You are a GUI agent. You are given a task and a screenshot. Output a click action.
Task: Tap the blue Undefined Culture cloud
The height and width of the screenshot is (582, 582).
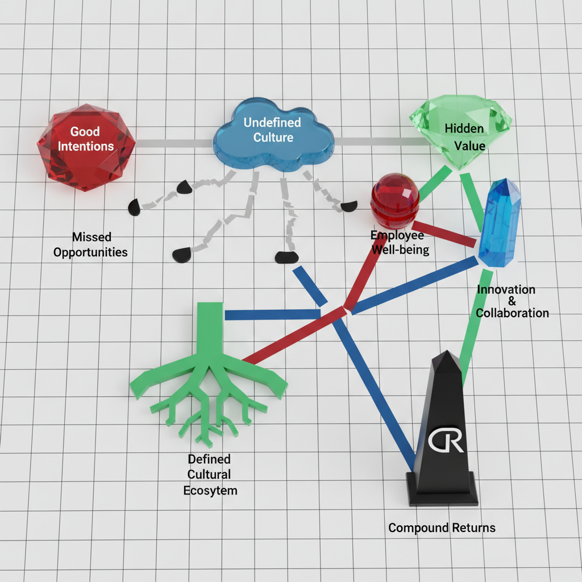click(x=273, y=136)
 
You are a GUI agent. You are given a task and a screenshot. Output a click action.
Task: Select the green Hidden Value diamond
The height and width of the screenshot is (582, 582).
click(x=462, y=134)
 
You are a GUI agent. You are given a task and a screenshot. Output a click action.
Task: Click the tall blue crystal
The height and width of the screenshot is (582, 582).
click(x=499, y=222)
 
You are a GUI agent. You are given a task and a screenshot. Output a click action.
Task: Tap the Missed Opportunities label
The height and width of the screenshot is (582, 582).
click(x=91, y=244)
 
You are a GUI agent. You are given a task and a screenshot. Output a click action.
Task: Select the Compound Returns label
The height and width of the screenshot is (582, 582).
click(x=442, y=528)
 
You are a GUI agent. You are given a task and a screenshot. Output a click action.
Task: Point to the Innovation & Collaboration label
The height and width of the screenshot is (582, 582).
click(x=512, y=301)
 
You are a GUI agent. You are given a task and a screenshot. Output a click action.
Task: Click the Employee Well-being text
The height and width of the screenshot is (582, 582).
click(x=400, y=243)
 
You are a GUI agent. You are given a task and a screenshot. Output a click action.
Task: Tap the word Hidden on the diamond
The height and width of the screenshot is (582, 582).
click(x=464, y=128)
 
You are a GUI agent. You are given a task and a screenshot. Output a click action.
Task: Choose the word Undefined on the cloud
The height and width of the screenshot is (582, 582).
click(x=272, y=122)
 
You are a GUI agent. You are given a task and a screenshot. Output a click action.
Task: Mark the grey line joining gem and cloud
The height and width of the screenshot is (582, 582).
click(x=174, y=143)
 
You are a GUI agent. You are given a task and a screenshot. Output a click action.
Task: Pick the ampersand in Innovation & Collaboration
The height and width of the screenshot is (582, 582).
click(x=511, y=301)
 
